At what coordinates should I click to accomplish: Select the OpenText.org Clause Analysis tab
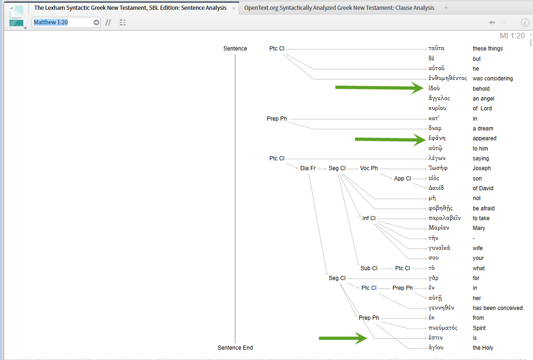tap(339, 8)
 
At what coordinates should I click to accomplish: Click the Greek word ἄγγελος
tap(439, 99)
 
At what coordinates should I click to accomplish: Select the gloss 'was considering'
tap(492, 79)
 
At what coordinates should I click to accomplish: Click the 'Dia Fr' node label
tap(308, 168)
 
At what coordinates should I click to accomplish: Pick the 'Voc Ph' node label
tap(369, 168)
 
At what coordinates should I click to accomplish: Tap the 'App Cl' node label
tap(402, 179)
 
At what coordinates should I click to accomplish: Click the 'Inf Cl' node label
tap(369, 218)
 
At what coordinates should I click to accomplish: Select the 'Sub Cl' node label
tap(369, 268)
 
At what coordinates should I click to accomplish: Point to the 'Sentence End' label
tap(235, 348)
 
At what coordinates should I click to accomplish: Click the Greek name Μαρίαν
tap(438, 228)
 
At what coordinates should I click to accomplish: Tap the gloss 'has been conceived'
tap(497, 308)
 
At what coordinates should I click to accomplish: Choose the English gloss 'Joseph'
tap(482, 168)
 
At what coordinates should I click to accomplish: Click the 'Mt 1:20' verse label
tap(512, 36)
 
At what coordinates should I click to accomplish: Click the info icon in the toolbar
tap(525, 22)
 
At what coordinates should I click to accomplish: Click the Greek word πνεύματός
tap(443, 328)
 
